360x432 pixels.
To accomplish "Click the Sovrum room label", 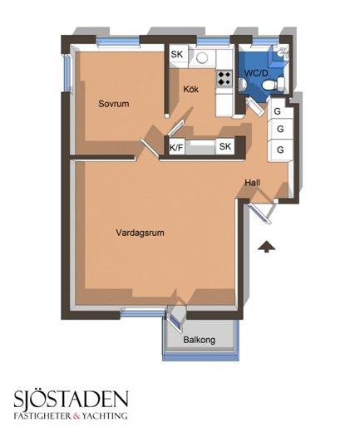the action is click(x=114, y=104).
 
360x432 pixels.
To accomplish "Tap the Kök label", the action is click(x=191, y=89).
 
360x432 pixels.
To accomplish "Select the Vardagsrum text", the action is click(x=140, y=233).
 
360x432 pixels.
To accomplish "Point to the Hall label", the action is click(x=252, y=183).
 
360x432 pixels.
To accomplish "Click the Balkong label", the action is click(x=200, y=340).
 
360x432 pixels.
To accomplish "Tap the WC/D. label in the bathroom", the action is click(x=257, y=73).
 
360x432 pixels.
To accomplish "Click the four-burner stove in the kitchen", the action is click(x=224, y=78).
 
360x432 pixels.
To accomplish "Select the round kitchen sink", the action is click(x=202, y=58).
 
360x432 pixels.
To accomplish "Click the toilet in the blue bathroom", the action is click(x=274, y=84).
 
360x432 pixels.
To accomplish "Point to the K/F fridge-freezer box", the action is click(x=176, y=148).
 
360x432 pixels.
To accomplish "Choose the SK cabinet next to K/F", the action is click(x=224, y=146).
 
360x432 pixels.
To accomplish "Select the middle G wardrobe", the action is click(x=280, y=129).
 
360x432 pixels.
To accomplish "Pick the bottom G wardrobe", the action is click(x=280, y=150).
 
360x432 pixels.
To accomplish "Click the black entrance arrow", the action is click(x=266, y=247).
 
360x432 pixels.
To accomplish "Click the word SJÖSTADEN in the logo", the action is click(x=72, y=399).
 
